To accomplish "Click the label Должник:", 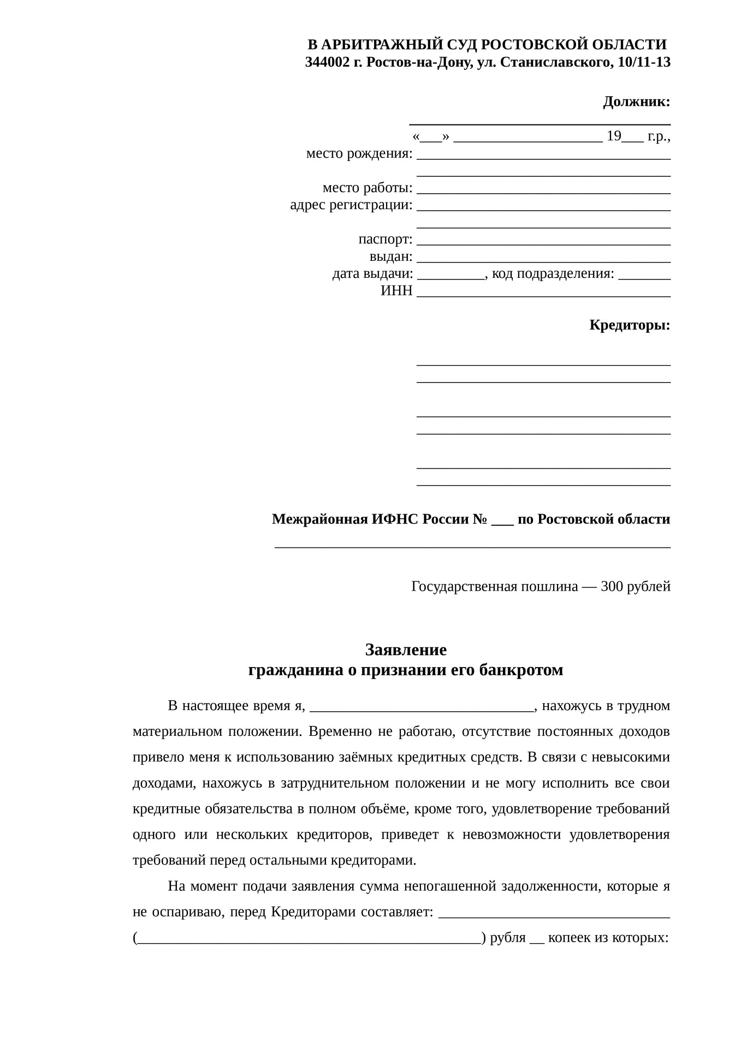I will pyautogui.click(x=636, y=102).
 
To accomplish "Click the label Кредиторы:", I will pyautogui.click(x=630, y=325).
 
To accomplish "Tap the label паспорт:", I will pyautogui.click(x=386, y=240).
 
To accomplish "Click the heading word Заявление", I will pyautogui.click(x=406, y=650).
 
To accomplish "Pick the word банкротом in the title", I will pyautogui.click(x=521, y=670).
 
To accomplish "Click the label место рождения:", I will pyautogui.click(x=359, y=154).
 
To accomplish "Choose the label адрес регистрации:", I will pyautogui.click(x=351, y=205).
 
